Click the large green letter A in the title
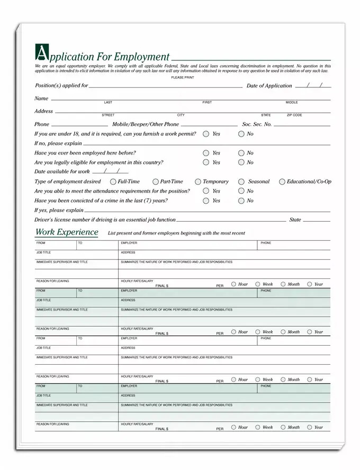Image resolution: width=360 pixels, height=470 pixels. coord(40,52)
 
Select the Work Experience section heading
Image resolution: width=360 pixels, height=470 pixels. coord(67,232)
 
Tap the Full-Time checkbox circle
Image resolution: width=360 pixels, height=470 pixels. coord(113,182)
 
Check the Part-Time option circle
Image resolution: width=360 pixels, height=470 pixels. coord(156,182)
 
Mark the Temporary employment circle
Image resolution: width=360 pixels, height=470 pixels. coord(198,182)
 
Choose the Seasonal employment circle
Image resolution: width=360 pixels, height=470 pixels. coord(241,182)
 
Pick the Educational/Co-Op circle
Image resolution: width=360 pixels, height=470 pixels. coord(282,182)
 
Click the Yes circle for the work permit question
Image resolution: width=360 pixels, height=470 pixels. coord(206,134)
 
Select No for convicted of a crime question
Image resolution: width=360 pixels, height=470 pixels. coord(241,201)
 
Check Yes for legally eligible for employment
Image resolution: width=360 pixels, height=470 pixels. coord(206,162)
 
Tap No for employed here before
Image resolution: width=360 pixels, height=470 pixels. coord(241,153)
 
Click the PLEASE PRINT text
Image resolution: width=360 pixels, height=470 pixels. coord(182,78)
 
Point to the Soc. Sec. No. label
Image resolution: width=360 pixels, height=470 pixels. coord(257,124)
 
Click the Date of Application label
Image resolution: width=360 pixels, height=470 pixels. coord(269,86)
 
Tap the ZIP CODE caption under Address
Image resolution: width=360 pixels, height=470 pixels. coord(294,115)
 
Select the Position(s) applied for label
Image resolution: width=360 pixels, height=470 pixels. coord(61,85)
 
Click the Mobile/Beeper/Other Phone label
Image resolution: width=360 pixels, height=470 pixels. coord(146,124)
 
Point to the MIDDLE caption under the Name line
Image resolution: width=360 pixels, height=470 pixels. coord(292,102)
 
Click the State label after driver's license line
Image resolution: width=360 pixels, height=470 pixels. coord(295,220)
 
